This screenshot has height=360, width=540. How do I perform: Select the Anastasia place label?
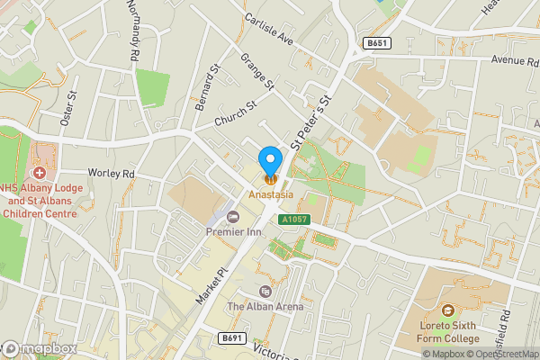pos(271,194)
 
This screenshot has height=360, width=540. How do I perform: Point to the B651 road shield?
pos(377,42)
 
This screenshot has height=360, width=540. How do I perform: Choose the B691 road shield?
pos(231,338)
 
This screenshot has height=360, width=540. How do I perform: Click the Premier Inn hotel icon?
pos(233,216)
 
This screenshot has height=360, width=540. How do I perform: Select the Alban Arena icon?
pos(265,292)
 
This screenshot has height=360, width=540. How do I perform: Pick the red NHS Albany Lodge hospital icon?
pos(39,172)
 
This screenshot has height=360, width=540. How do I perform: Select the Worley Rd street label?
pos(110,173)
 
